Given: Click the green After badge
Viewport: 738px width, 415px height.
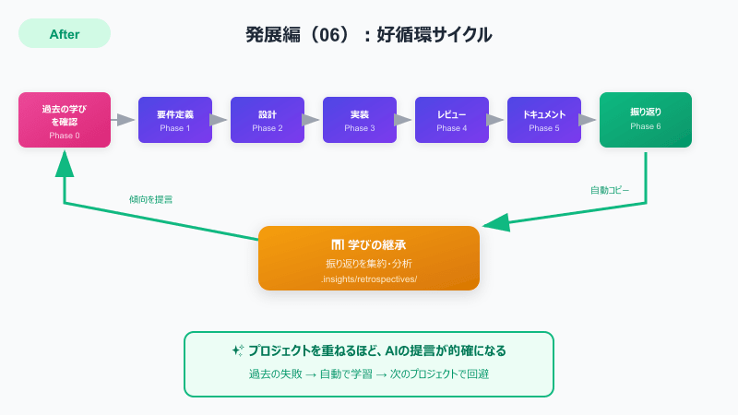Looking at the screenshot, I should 65,34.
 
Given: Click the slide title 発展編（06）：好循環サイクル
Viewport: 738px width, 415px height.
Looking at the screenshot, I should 369,35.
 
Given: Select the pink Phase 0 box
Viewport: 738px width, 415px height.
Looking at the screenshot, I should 65,120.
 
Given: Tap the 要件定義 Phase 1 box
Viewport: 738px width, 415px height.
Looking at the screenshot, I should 175,120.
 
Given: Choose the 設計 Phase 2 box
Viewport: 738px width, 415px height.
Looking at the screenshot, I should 268,120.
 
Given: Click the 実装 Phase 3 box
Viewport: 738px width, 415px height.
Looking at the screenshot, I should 360,120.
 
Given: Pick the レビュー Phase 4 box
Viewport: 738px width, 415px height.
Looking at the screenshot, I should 452,120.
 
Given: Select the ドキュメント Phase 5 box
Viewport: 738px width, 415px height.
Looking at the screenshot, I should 544,120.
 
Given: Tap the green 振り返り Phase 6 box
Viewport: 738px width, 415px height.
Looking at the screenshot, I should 646,120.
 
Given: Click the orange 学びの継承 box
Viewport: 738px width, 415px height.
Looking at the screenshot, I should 369,258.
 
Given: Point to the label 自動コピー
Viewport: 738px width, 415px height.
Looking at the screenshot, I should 610,190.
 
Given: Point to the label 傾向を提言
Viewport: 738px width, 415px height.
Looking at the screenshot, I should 150,199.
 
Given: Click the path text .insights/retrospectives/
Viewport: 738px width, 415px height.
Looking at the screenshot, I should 369,278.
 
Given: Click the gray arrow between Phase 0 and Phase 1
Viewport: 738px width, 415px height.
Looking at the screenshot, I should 125,120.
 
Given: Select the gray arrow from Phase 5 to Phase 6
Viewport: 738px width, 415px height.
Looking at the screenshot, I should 588,120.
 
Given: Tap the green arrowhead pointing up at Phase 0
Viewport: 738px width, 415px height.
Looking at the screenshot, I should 65,162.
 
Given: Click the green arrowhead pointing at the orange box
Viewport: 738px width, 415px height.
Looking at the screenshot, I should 496,222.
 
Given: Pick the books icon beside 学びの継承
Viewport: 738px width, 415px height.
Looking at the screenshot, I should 338,244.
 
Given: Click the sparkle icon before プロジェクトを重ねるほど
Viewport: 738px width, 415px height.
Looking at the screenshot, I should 238,350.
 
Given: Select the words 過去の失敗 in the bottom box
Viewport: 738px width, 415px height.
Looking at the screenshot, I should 275,374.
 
